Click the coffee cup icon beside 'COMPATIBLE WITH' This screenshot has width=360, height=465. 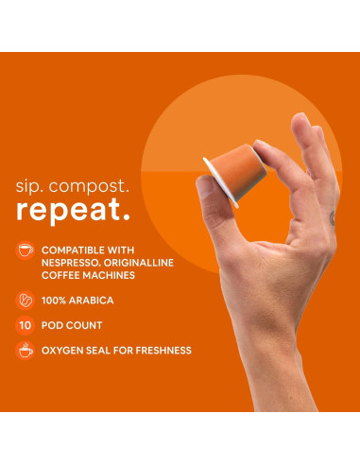25,250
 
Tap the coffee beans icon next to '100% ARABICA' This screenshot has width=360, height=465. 25,300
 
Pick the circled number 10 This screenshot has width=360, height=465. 25,325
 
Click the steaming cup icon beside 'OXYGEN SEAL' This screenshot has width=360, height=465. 25,351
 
